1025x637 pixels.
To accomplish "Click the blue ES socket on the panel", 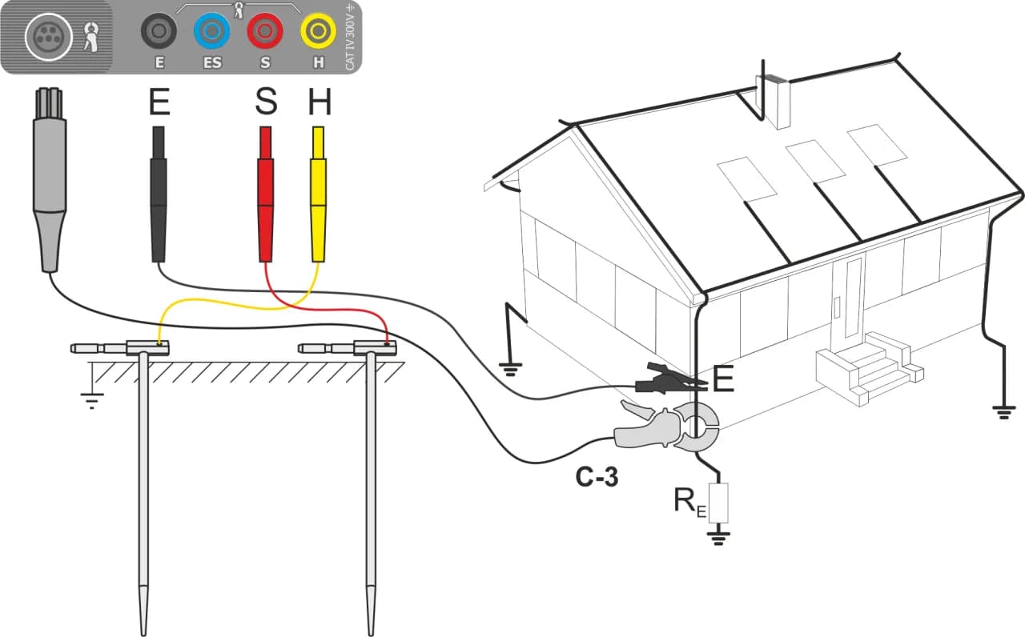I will pyautogui.click(x=212, y=33).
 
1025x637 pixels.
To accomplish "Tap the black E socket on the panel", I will pyautogui.click(x=159, y=33).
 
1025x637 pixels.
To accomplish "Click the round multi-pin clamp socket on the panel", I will pyautogui.click(x=48, y=36).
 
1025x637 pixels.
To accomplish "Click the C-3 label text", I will pyautogui.click(x=597, y=479).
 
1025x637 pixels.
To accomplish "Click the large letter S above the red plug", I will pyautogui.click(x=265, y=102).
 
